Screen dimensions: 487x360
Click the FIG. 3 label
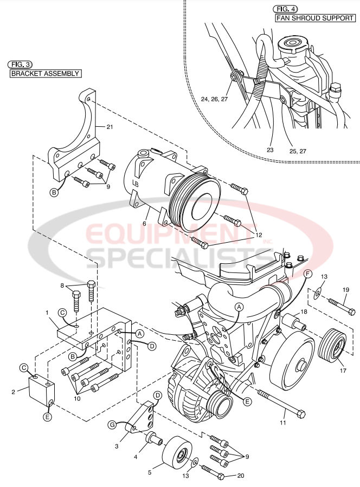click(20, 63)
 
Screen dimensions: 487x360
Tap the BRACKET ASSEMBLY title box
click(46, 74)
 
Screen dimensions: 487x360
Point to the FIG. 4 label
click(285, 9)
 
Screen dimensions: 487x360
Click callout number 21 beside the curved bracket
click(110, 127)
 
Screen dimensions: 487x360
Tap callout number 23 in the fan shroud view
click(269, 150)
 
